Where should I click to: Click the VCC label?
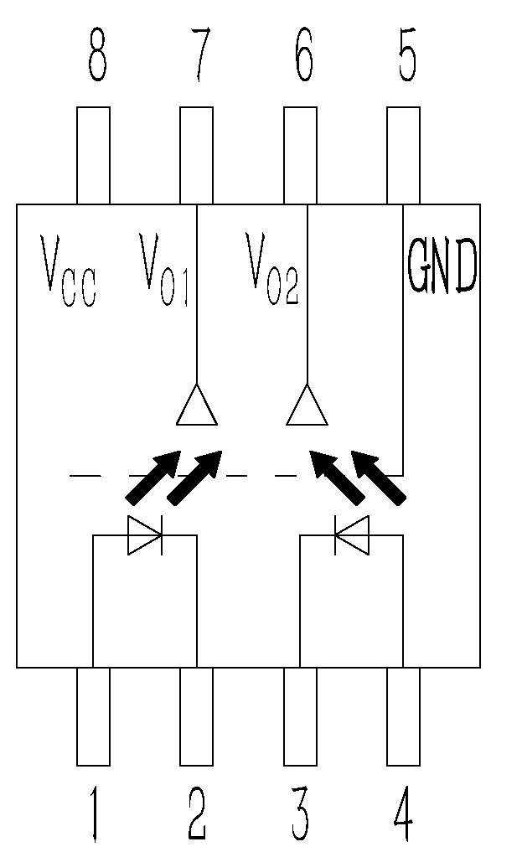[69, 273]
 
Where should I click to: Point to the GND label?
[442, 266]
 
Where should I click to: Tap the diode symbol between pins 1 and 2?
[144, 535]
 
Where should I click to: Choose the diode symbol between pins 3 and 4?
[352, 535]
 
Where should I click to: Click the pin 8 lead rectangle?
[93, 155]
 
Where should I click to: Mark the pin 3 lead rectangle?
[301, 716]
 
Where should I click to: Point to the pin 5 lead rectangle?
[403, 155]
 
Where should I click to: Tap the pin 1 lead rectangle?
[93, 716]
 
